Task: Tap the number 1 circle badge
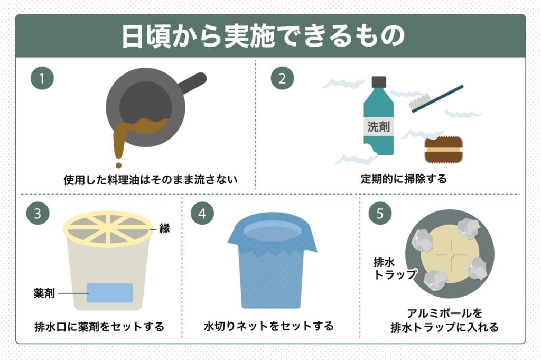pos(42,79)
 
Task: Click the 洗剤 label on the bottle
pos(378,127)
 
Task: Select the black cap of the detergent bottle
pos(379,82)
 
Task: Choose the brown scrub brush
pos(444,150)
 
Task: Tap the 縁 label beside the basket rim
pos(164,229)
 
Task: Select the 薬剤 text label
pos(44,292)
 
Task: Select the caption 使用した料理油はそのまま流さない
pos(151,180)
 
